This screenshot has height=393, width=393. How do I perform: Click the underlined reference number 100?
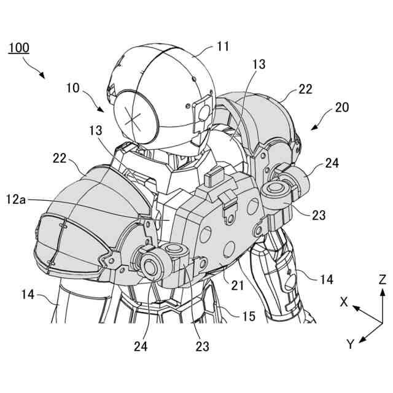[18, 48]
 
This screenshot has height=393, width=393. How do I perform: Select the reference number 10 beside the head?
[72, 87]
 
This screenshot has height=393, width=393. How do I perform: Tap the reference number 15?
[249, 316]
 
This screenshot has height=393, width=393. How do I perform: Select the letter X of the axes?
[344, 302]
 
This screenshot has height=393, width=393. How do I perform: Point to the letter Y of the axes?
[350, 344]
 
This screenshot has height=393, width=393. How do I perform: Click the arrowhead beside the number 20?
[315, 127]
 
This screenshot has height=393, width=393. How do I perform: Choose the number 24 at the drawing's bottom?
[141, 346]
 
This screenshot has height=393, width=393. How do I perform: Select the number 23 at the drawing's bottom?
[202, 346]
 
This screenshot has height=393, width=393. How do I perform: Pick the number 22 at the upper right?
[305, 90]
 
